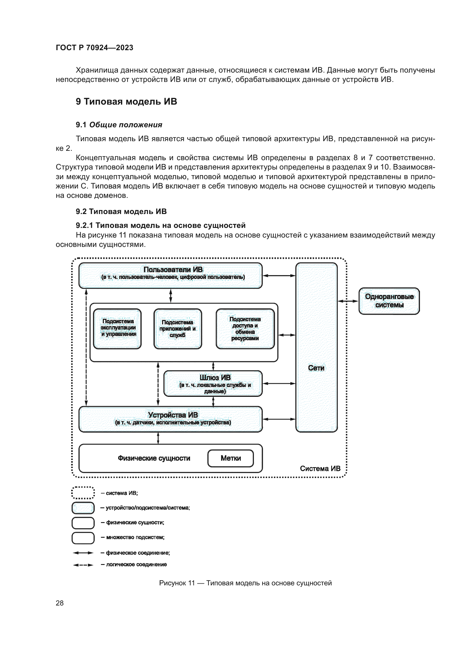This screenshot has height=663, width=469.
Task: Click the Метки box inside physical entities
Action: (x=231, y=458)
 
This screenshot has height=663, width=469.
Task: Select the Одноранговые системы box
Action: (x=389, y=301)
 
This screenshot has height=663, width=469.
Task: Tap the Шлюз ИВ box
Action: (x=213, y=384)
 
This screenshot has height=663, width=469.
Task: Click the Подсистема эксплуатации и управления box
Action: (x=118, y=329)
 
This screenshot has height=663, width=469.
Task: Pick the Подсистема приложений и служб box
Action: (x=178, y=329)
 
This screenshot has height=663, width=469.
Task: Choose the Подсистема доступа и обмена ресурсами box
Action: (x=245, y=329)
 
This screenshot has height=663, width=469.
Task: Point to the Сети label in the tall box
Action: (x=316, y=368)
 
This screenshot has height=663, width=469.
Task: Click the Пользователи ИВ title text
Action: (x=173, y=269)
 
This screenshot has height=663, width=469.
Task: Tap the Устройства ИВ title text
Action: (x=173, y=415)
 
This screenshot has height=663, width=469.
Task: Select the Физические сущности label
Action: (x=154, y=458)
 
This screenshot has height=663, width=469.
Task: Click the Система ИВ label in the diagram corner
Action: (x=320, y=468)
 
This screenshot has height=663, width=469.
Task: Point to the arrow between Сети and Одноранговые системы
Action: (x=348, y=301)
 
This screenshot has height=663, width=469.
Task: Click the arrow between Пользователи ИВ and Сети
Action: (x=279, y=276)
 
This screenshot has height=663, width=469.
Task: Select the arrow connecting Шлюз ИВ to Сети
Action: (x=279, y=384)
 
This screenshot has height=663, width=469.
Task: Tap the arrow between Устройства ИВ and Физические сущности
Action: (x=158, y=438)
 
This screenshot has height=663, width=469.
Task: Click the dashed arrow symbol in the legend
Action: (x=83, y=565)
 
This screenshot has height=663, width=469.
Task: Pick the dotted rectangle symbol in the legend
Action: (x=83, y=493)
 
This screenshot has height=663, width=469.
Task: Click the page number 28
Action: (x=60, y=603)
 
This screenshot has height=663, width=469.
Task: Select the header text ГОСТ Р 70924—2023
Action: (x=94, y=48)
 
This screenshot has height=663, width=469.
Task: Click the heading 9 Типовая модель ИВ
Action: (x=126, y=102)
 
